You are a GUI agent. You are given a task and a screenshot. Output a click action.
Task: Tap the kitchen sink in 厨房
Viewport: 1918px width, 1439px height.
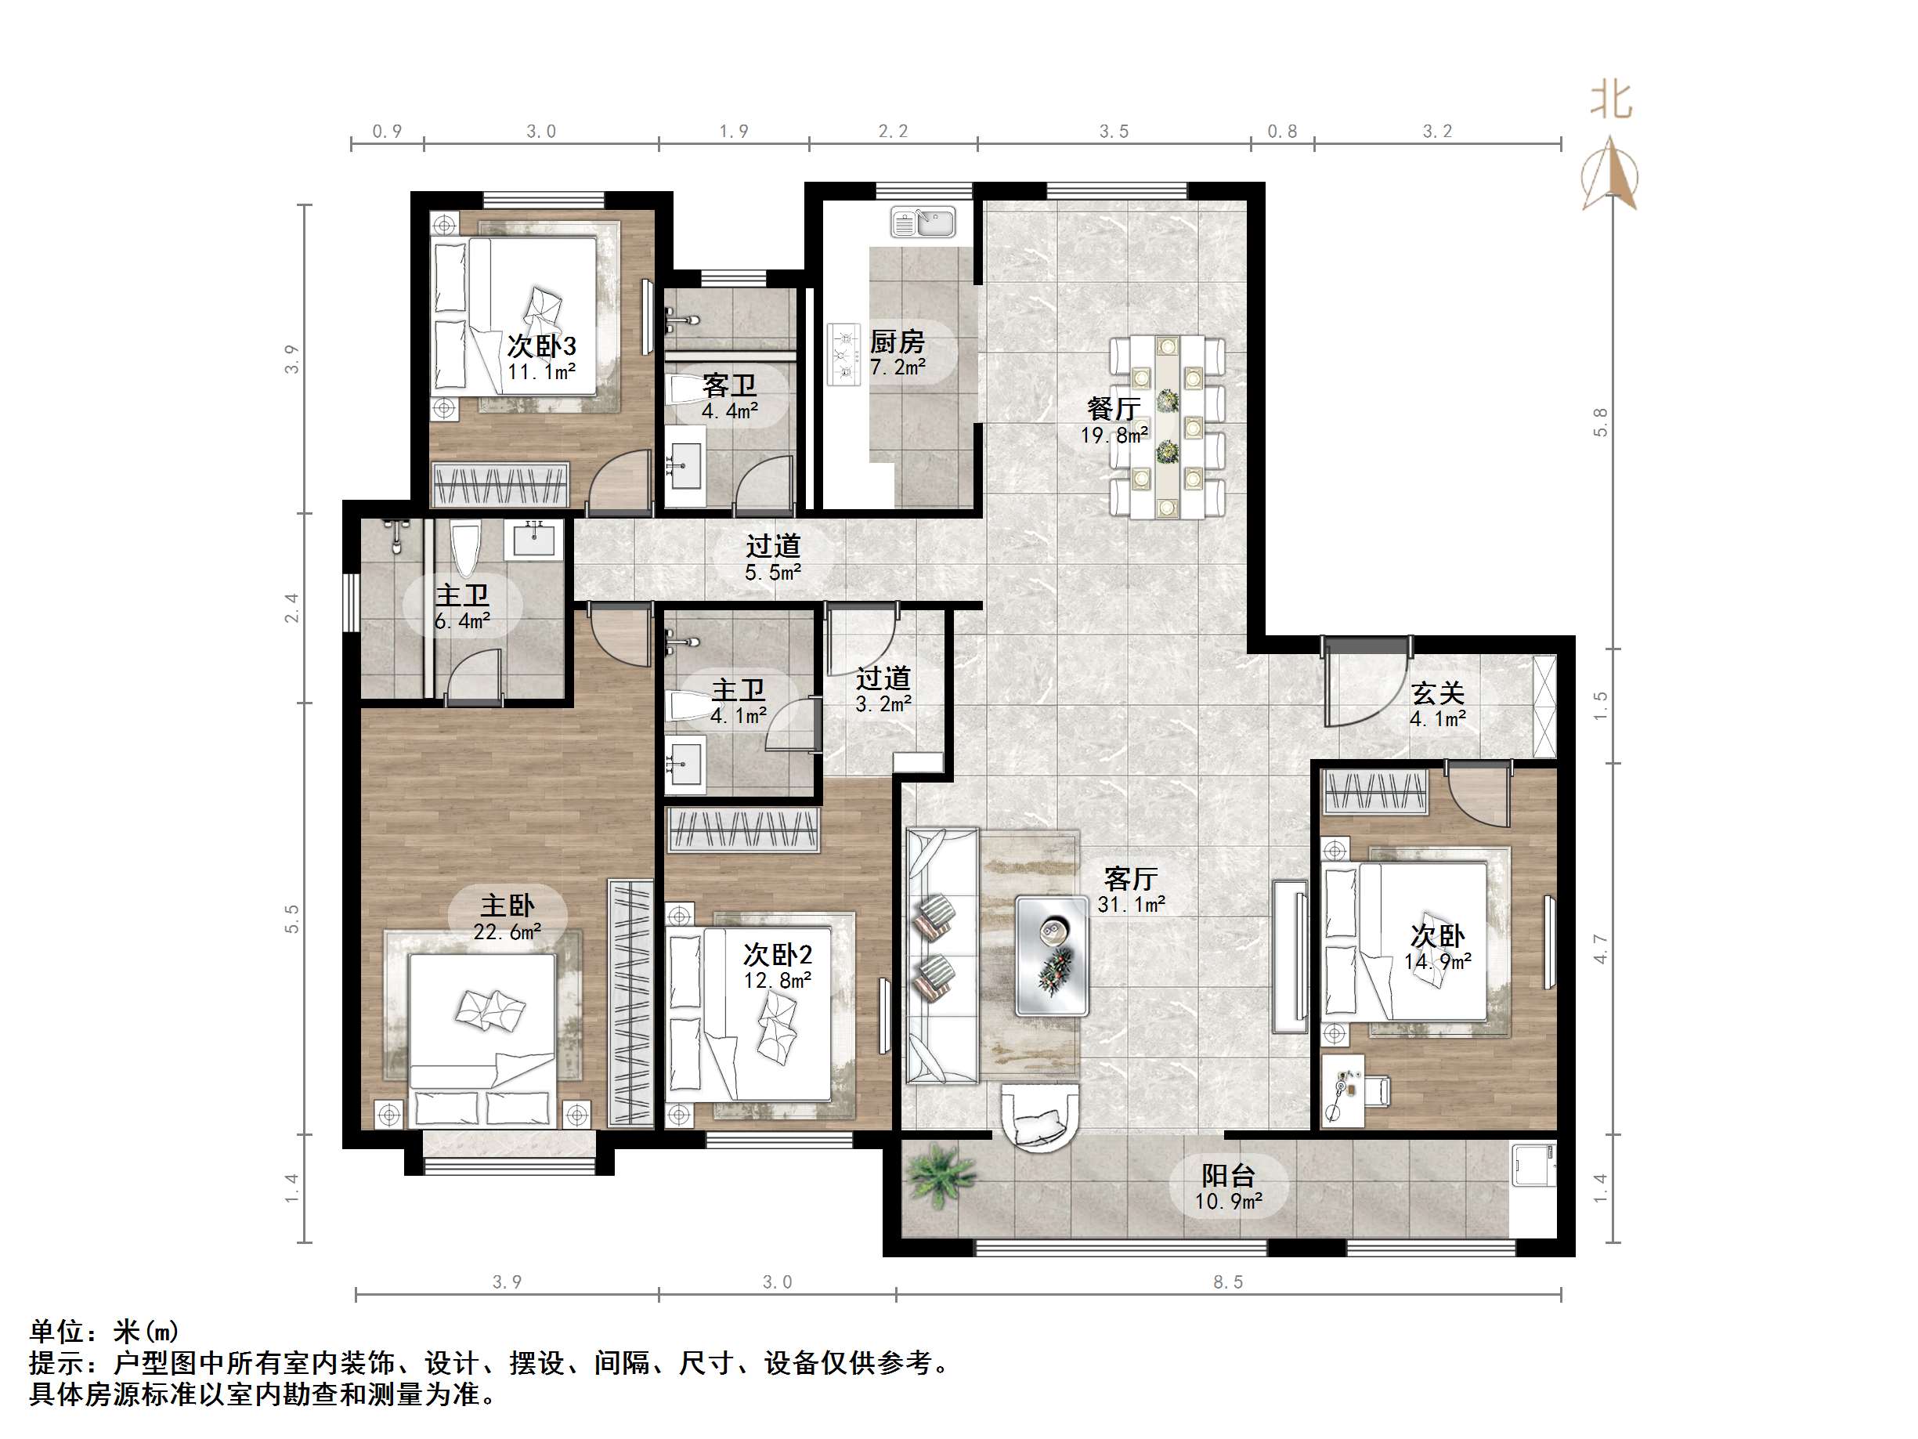(x=923, y=222)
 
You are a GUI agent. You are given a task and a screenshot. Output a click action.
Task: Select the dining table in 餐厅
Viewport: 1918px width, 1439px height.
(x=1167, y=427)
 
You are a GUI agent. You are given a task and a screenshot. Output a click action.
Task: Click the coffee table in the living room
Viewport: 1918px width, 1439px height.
(x=1052, y=955)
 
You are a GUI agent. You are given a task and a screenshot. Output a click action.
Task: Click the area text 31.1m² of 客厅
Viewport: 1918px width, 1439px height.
(x=1131, y=905)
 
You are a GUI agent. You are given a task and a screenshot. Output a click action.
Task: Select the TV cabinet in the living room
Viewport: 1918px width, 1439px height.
(x=1290, y=955)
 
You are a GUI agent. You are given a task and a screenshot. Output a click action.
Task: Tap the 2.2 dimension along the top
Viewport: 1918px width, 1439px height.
(x=892, y=131)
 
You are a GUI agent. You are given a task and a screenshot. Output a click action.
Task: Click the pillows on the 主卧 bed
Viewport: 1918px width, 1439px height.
(x=490, y=1009)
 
